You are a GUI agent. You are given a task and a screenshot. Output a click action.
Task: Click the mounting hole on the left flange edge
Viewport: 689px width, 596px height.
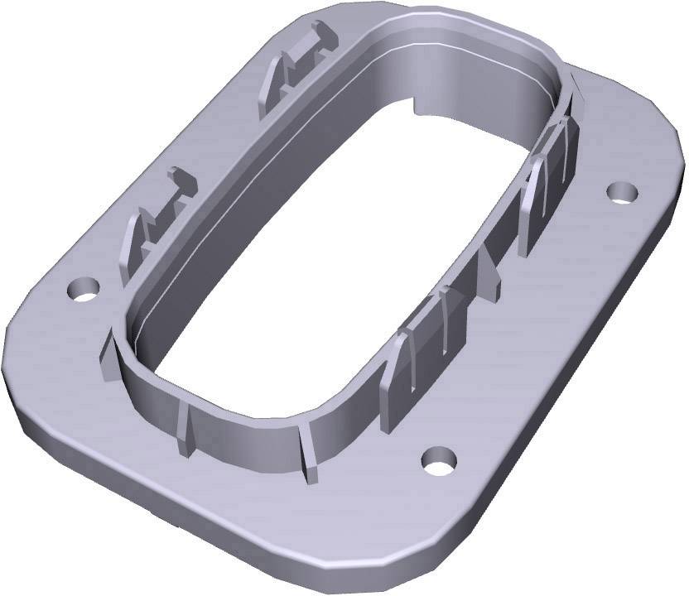84,289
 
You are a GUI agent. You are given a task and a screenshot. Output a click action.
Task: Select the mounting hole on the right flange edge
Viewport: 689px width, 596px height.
621,191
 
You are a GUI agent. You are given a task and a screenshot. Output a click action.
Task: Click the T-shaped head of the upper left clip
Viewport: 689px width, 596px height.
318,38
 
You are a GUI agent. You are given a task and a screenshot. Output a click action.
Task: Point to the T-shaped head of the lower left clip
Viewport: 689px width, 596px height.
180,185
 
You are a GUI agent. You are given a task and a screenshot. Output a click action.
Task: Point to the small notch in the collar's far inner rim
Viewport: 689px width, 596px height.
414,106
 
